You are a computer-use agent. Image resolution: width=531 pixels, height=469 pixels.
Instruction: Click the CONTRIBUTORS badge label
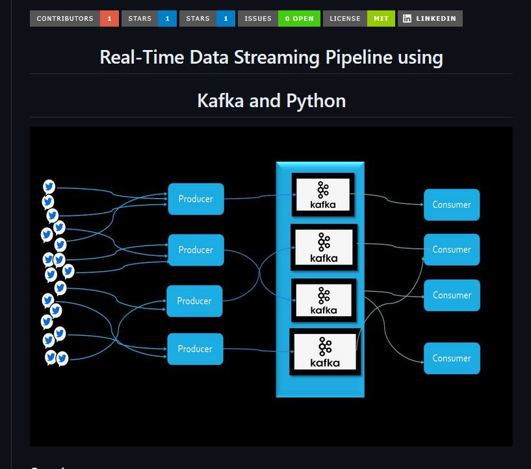coord(65,19)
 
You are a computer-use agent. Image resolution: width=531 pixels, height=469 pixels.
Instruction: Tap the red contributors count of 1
coord(109,19)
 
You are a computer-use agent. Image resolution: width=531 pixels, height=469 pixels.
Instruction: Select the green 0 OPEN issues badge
coord(300,19)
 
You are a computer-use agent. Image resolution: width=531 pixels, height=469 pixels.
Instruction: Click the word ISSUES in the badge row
coord(258,19)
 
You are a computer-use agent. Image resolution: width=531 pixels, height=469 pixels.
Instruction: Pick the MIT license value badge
coord(381,19)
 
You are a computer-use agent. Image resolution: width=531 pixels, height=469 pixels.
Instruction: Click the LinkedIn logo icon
coord(407,19)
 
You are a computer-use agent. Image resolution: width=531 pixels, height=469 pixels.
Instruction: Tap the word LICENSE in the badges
coord(345,19)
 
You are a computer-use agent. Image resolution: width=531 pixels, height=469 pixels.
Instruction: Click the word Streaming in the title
coord(277,58)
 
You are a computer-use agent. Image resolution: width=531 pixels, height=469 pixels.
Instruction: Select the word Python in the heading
coord(316,101)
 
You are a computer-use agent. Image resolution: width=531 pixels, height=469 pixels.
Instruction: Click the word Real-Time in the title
coord(142,57)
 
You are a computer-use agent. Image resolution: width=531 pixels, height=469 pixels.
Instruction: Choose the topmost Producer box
coord(196,199)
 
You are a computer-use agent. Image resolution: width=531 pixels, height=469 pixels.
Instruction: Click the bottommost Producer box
coord(196,349)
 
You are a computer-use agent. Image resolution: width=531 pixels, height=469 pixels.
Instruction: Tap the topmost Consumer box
coord(452,205)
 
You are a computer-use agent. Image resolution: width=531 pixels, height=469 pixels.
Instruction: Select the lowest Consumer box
coord(452,359)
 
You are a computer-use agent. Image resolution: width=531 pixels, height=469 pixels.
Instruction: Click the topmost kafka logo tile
coord(323,195)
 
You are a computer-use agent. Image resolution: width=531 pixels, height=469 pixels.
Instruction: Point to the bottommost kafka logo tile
coord(325,352)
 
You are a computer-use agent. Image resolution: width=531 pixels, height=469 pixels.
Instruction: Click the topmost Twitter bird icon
coord(49,186)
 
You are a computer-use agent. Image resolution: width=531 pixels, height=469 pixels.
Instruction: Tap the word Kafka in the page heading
coord(220,101)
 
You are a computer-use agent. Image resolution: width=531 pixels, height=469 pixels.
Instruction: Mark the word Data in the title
coord(209,57)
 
